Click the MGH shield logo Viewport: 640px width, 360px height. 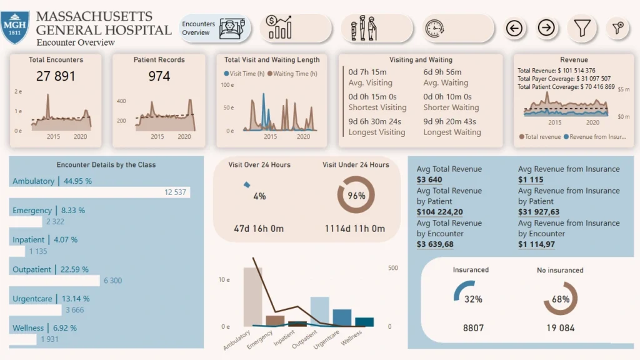pyautogui.click(x=14, y=27)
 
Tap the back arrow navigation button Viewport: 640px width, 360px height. pyautogui.click(x=514, y=28)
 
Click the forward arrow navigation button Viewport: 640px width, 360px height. pyautogui.click(x=546, y=28)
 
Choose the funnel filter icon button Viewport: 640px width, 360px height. pyautogui.click(x=582, y=28)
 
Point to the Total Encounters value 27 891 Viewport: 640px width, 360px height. pyautogui.click(x=56, y=76)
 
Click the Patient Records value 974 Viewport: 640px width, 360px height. pyautogui.click(x=159, y=76)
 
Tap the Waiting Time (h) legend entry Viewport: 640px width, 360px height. pyautogui.click(x=292, y=74)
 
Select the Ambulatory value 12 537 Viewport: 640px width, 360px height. pyautogui.click(x=175, y=192)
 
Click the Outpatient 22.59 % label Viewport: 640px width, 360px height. pyautogui.click(x=52, y=270)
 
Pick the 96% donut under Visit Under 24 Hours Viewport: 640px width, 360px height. pyautogui.click(x=356, y=196)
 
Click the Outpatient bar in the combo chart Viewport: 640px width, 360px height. pyautogui.click(x=319, y=311)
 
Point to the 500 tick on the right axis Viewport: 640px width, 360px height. pyautogui.click(x=393, y=268)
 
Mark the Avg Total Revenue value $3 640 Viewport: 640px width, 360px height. pyautogui.click(x=429, y=180)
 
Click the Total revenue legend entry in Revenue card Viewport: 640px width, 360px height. pyautogui.click(x=539, y=136)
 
